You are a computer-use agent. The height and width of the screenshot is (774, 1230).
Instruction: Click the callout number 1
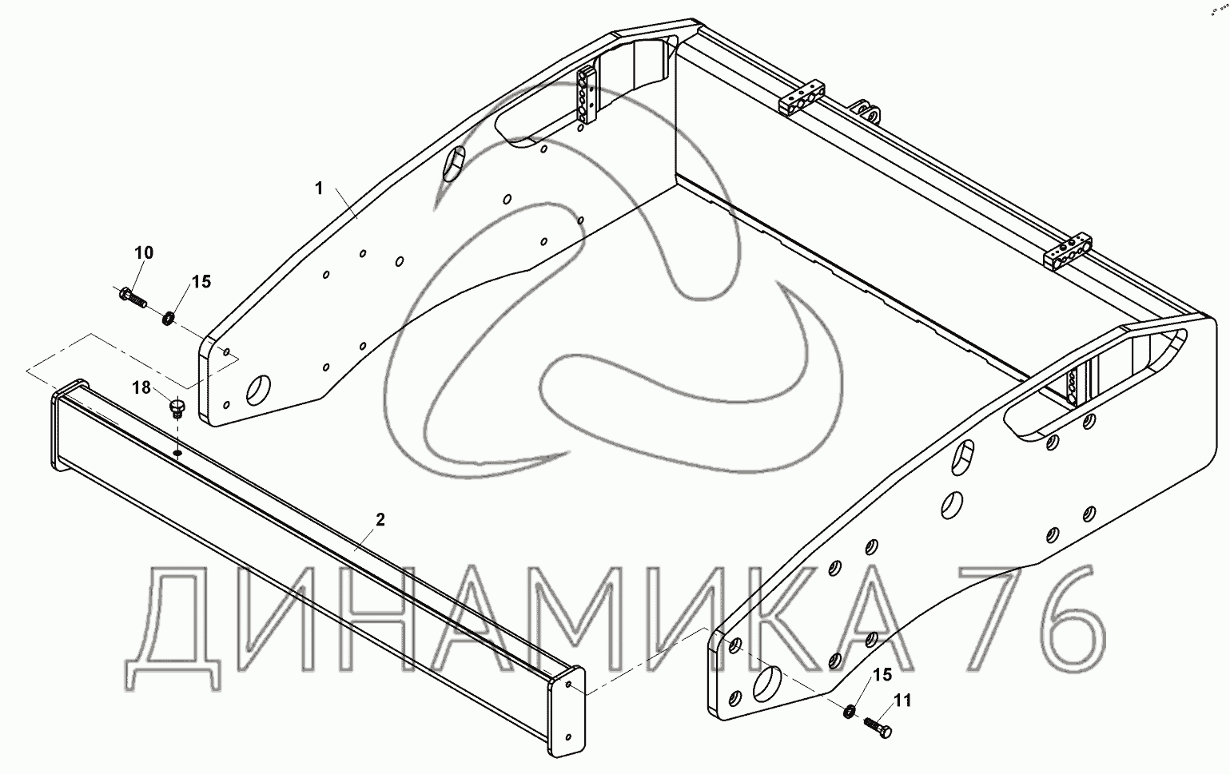[x=319, y=189]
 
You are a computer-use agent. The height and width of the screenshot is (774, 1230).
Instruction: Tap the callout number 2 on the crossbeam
[x=380, y=520]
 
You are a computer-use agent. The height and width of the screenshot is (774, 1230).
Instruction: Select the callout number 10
[x=144, y=253]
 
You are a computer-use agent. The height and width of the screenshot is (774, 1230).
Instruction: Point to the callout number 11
[x=903, y=701]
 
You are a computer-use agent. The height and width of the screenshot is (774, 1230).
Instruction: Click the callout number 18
[x=141, y=387]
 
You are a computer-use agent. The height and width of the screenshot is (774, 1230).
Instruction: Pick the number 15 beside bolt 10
[x=201, y=282]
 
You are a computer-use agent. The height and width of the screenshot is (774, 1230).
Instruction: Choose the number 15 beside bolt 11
[x=883, y=675]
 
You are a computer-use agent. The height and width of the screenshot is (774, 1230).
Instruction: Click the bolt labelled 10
[x=133, y=297]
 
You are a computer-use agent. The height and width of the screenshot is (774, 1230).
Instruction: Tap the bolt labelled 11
[x=878, y=728]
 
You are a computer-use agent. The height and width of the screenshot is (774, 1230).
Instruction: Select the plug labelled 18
[x=177, y=408]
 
